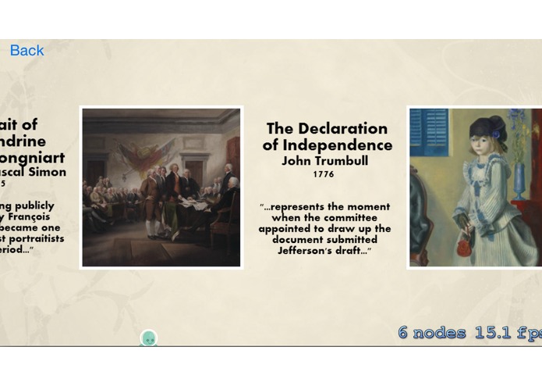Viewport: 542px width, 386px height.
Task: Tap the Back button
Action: tap(27, 51)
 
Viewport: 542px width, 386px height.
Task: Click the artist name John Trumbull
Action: tap(324, 161)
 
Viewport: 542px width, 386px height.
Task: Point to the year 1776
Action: tap(324, 174)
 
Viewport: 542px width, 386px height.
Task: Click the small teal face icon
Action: tap(149, 338)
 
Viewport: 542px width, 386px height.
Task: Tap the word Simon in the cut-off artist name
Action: tap(47, 172)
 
